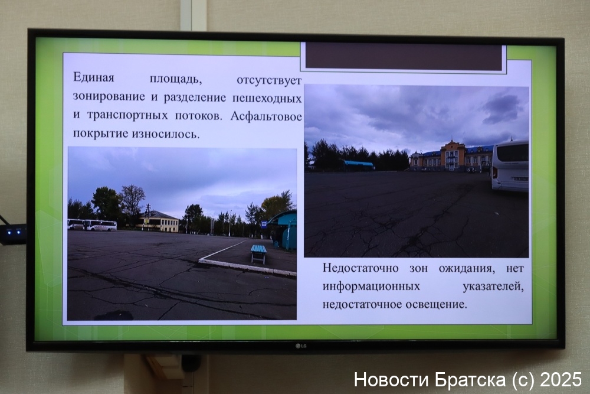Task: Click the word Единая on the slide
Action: coord(93,77)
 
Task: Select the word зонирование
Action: coord(109,96)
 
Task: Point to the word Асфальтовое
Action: coord(266,116)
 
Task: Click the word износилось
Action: coord(166,133)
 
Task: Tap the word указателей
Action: coord(493,286)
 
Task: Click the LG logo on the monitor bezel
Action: coord(301,346)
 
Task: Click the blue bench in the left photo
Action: coord(258,253)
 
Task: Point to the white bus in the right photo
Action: coord(510,166)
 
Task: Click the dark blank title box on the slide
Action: coord(404,56)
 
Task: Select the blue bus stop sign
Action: coord(264,224)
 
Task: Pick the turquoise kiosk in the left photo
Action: coord(284,230)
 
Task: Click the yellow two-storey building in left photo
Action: coord(158,221)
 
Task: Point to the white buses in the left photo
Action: coord(92,225)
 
